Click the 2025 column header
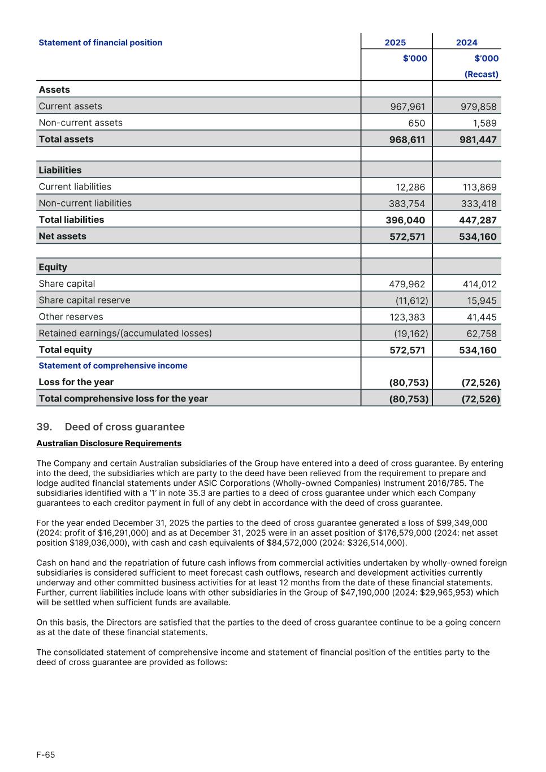tap(395, 42)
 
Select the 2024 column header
tap(466, 42)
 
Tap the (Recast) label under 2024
tap(481, 74)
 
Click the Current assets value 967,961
tap(408, 107)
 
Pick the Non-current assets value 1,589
tap(484, 123)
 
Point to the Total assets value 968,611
tap(407, 140)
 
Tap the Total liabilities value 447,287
tap(478, 220)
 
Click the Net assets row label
tap(62, 236)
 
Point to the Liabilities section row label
tap(60, 170)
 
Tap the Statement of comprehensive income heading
tap(113, 366)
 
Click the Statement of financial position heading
tap(100, 43)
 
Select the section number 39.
tap(44, 427)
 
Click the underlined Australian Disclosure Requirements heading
tap(109, 443)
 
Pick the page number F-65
tap(46, 755)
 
